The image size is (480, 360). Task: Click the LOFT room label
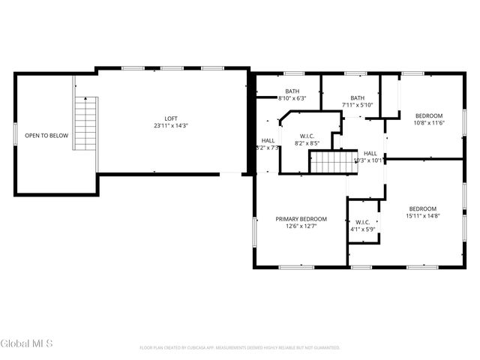click(172, 118)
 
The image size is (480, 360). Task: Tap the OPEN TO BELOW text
click(46, 136)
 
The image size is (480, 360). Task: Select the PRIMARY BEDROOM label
click(301, 219)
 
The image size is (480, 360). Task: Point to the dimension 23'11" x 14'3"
click(172, 126)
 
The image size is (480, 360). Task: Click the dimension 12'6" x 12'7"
click(301, 226)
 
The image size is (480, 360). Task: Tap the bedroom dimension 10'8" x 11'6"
click(430, 122)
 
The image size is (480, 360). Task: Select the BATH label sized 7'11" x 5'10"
click(357, 97)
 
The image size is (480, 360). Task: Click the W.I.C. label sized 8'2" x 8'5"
click(307, 136)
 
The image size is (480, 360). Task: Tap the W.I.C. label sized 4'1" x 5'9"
click(362, 222)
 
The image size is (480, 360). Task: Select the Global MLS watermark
click(27, 343)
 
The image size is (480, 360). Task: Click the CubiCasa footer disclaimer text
click(240, 347)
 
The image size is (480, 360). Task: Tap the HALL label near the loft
click(268, 140)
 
